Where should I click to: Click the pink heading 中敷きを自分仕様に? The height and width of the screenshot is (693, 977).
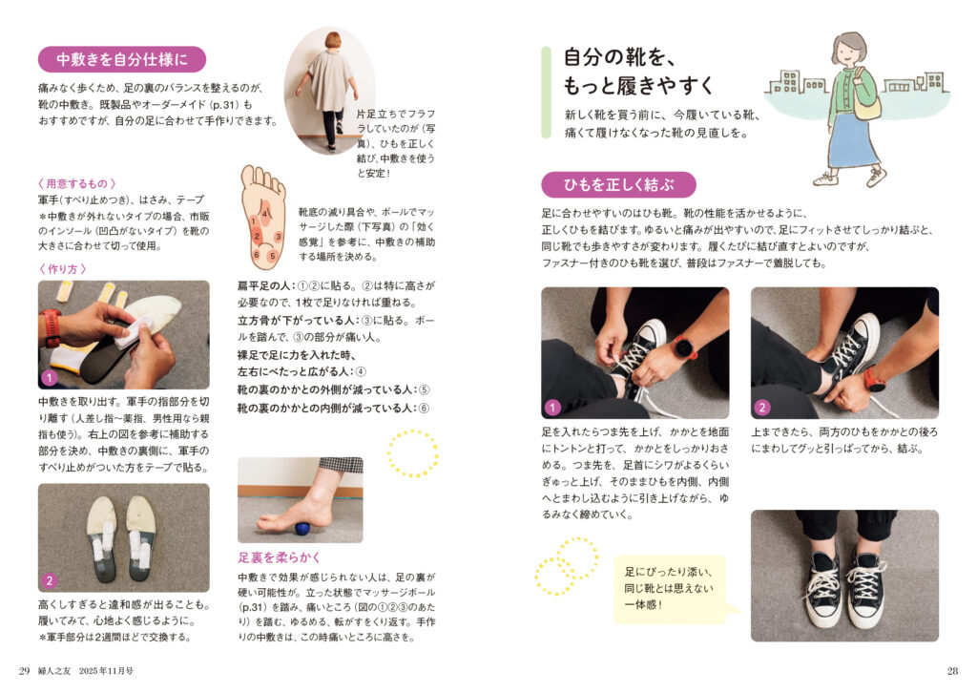(122, 60)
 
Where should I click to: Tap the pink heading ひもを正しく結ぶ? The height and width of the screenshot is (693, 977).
(618, 185)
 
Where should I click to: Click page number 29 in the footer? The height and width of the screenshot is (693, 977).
(24, 671)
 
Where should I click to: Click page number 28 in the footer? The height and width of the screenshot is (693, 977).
(952, 671)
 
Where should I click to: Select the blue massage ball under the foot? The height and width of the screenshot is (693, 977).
(302, 529)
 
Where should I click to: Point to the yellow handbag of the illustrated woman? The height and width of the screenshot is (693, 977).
(867, 103)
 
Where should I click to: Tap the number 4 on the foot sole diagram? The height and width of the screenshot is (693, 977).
(265, 214)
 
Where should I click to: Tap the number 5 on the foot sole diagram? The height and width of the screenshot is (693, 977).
(272, 256)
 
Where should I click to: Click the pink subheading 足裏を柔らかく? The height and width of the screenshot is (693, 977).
(280, 557)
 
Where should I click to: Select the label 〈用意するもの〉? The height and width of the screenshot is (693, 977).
(76, 184)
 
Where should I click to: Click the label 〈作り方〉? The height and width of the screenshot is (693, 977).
(62, 269)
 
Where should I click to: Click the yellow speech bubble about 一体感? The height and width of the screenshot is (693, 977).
(671, 589)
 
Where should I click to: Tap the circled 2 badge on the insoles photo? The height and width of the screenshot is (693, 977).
(50, 580)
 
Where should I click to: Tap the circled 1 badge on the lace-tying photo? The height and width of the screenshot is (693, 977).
(552, 408)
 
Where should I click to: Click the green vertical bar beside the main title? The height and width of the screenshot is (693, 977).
(547, 93)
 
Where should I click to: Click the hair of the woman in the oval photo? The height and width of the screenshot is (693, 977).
(333, 40)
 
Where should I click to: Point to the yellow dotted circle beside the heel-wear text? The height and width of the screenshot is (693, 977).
(412, 453)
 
